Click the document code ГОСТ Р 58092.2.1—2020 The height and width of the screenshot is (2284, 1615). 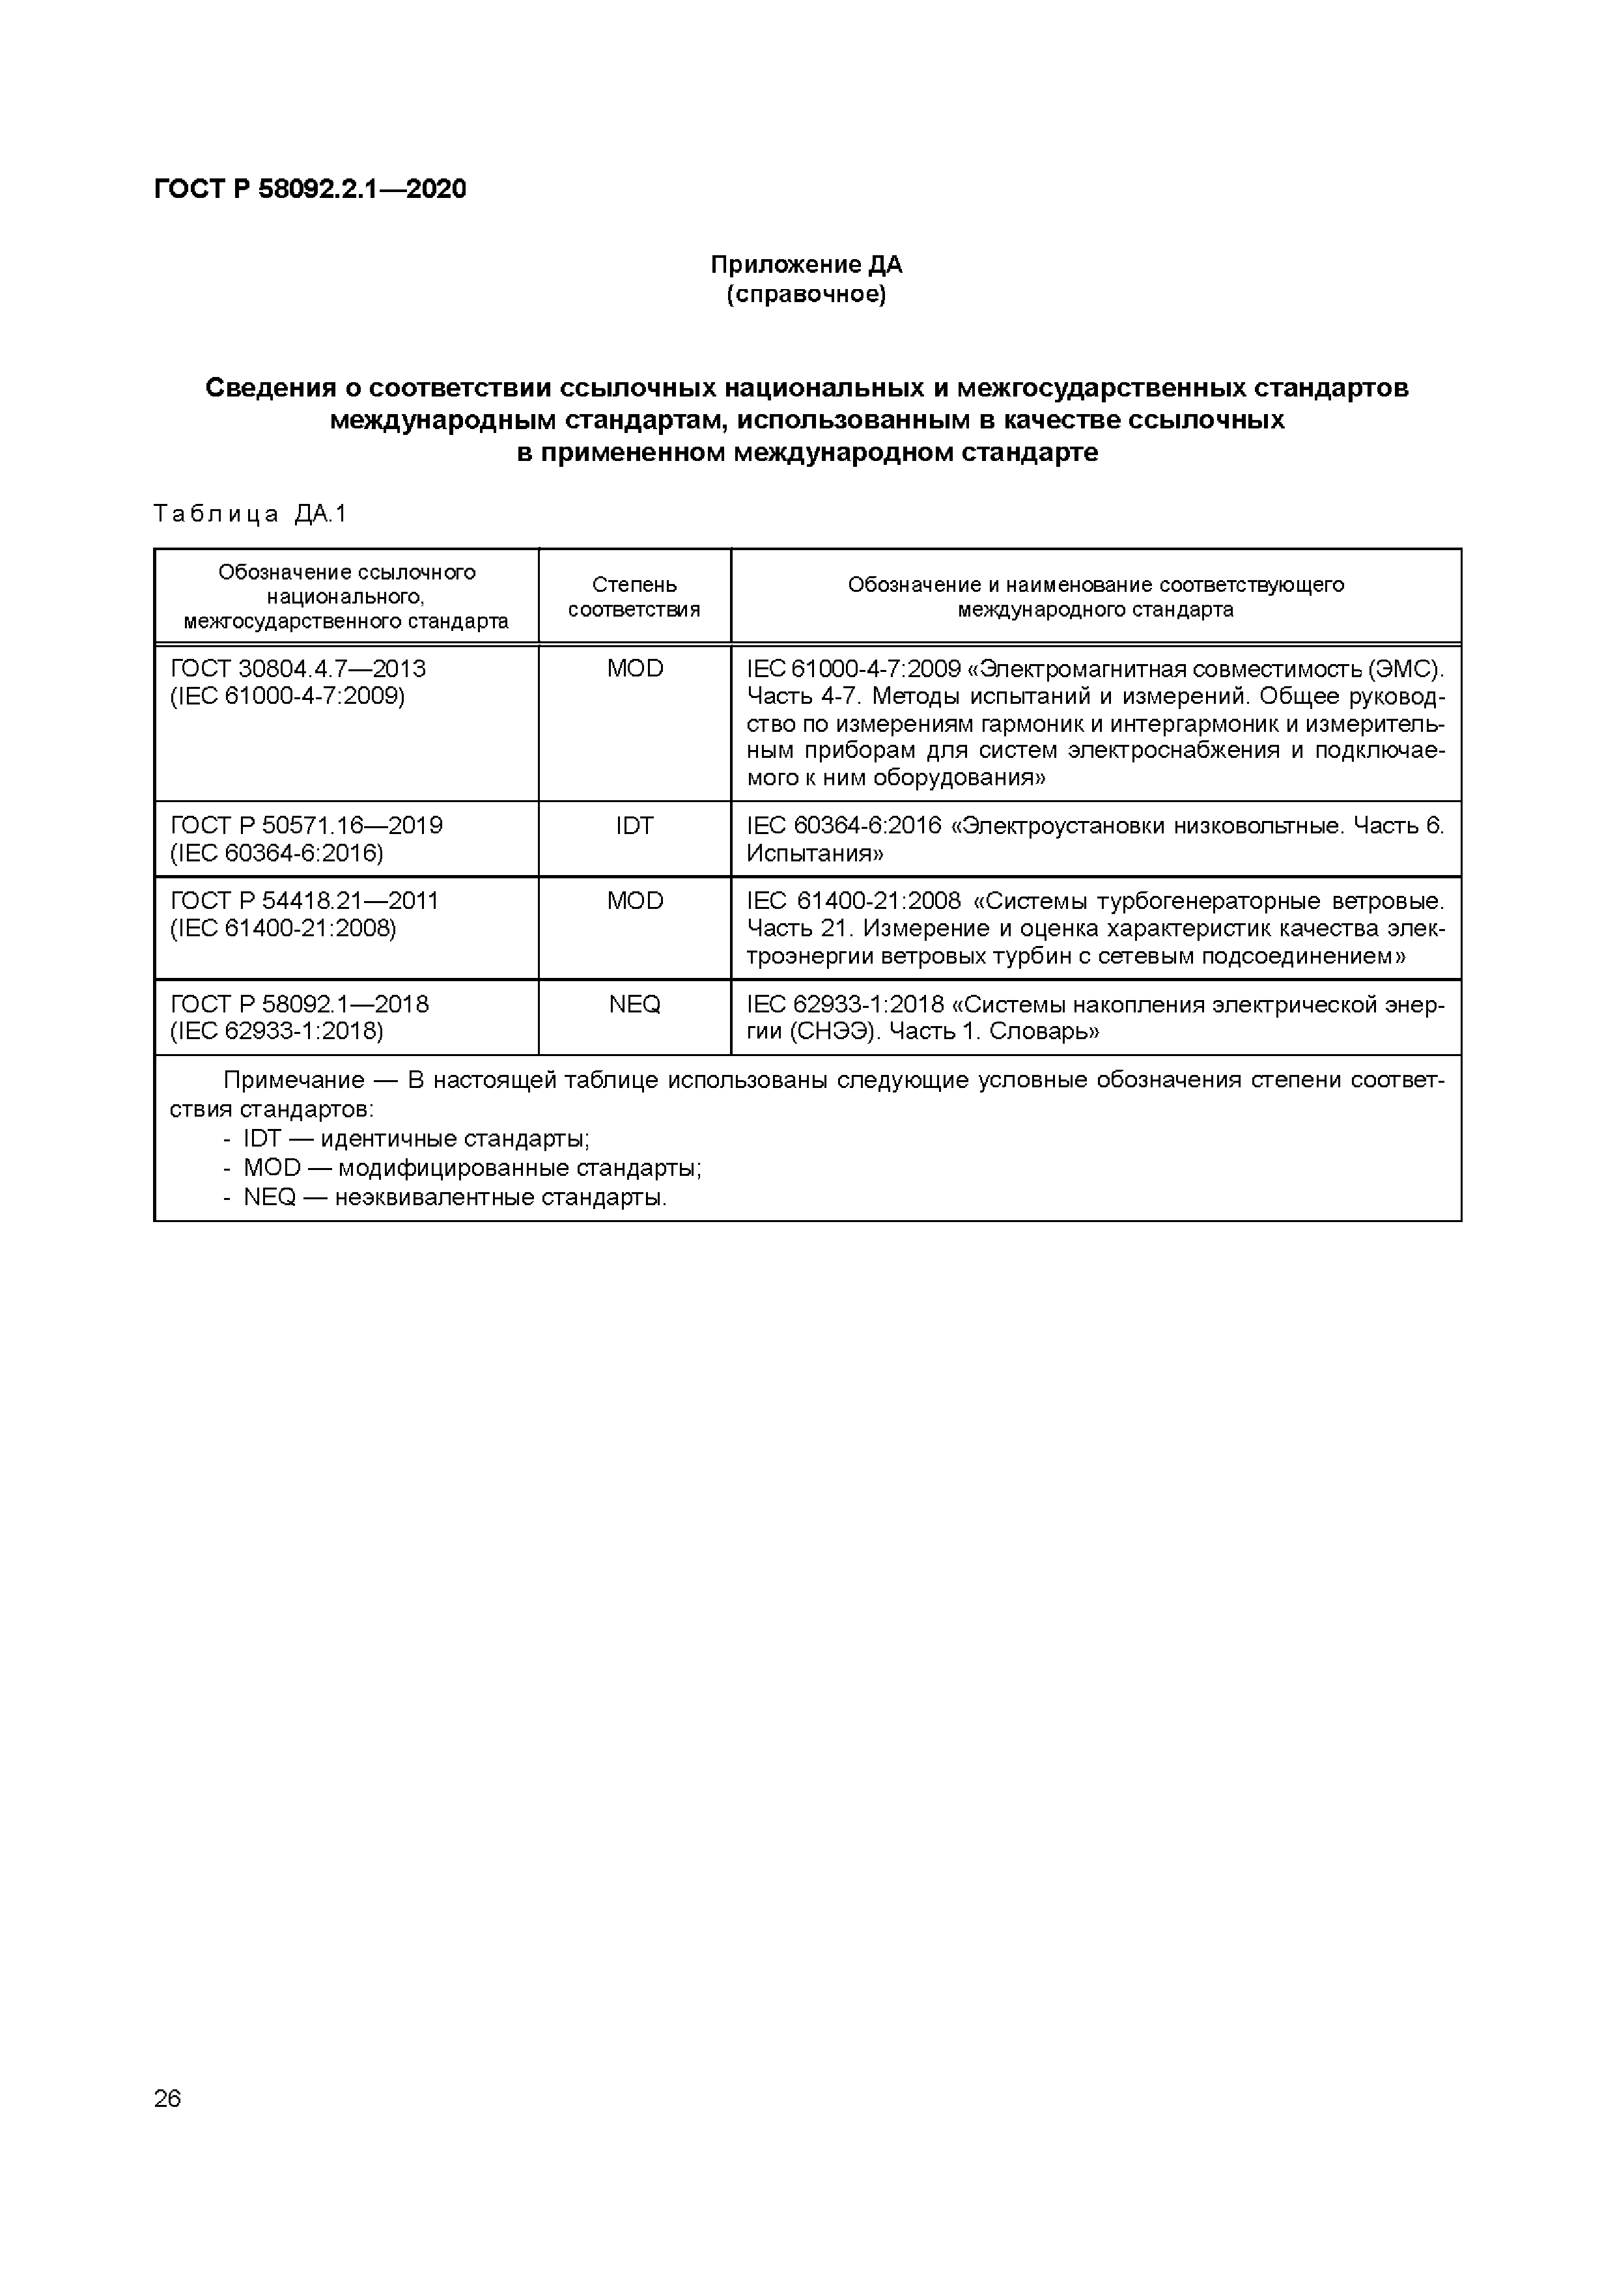(x=309, y=189)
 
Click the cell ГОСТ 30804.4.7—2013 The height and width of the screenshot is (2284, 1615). (x=298, y=669)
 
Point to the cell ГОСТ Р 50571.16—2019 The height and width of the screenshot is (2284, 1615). (x=307, y=826)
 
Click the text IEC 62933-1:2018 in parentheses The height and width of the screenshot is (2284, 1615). (x=277, y=1031)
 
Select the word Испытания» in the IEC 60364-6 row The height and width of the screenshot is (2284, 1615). (x=815, y=854)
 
